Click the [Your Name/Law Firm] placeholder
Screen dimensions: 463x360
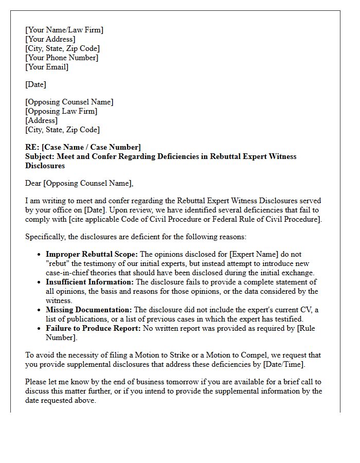(x=64, y=30)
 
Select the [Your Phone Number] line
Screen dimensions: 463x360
(x=62, y=58)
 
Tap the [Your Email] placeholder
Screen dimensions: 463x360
(x=47, y=67)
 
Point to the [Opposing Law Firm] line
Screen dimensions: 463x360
(x=61, y=111)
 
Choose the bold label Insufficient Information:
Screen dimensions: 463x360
(x=89, y=282)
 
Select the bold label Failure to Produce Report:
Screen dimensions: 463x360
(x=93, y=328)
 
